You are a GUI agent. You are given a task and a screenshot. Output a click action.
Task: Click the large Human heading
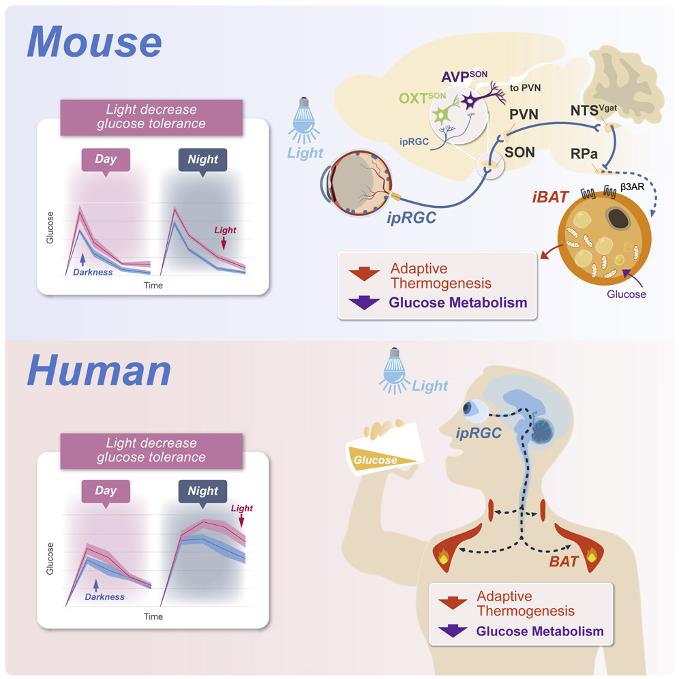pos(99,372)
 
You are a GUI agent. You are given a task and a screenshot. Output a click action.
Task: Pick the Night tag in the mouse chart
pos(202,160)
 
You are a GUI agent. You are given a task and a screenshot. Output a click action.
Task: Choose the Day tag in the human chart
pos(106,491)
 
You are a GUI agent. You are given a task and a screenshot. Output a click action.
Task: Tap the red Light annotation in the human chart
pos(241,509)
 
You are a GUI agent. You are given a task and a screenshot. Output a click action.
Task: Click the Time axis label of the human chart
pos(153,616)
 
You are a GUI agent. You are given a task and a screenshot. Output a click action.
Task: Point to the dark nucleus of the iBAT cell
pos(619,217)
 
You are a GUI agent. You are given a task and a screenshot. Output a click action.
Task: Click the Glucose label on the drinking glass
pos(376,460)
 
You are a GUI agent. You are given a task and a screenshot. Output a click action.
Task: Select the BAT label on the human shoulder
pos(565,562)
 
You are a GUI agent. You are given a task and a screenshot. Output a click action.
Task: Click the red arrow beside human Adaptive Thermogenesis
pos(452,603)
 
